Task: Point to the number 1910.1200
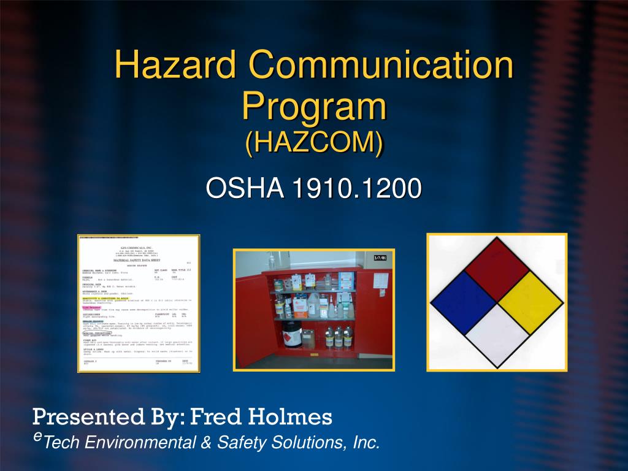356,188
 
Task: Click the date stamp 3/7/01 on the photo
380,258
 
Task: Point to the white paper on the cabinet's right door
381,281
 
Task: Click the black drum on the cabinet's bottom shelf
292,334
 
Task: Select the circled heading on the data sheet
95,332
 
